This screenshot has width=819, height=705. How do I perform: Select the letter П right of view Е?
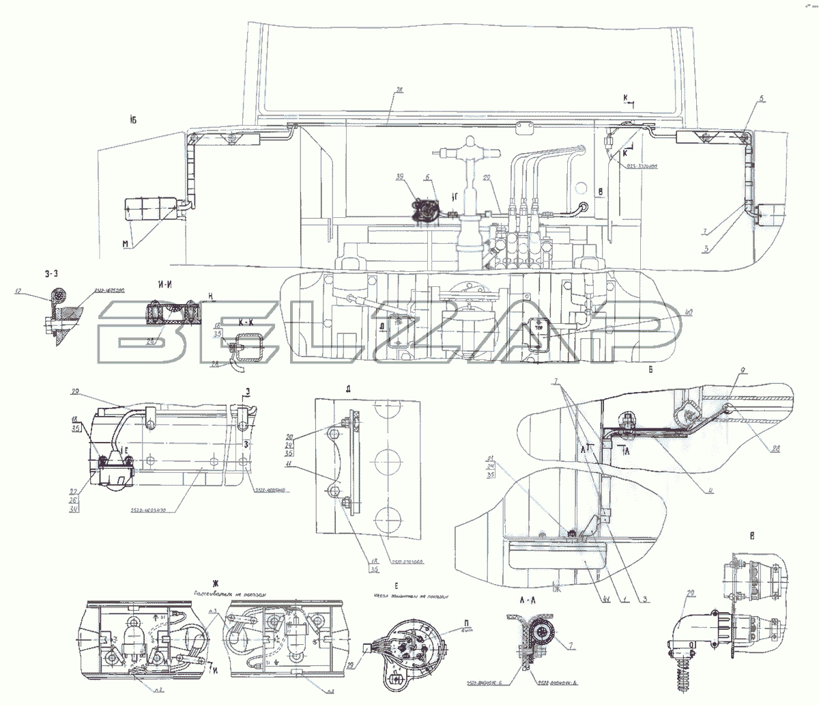pos(447,622)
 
